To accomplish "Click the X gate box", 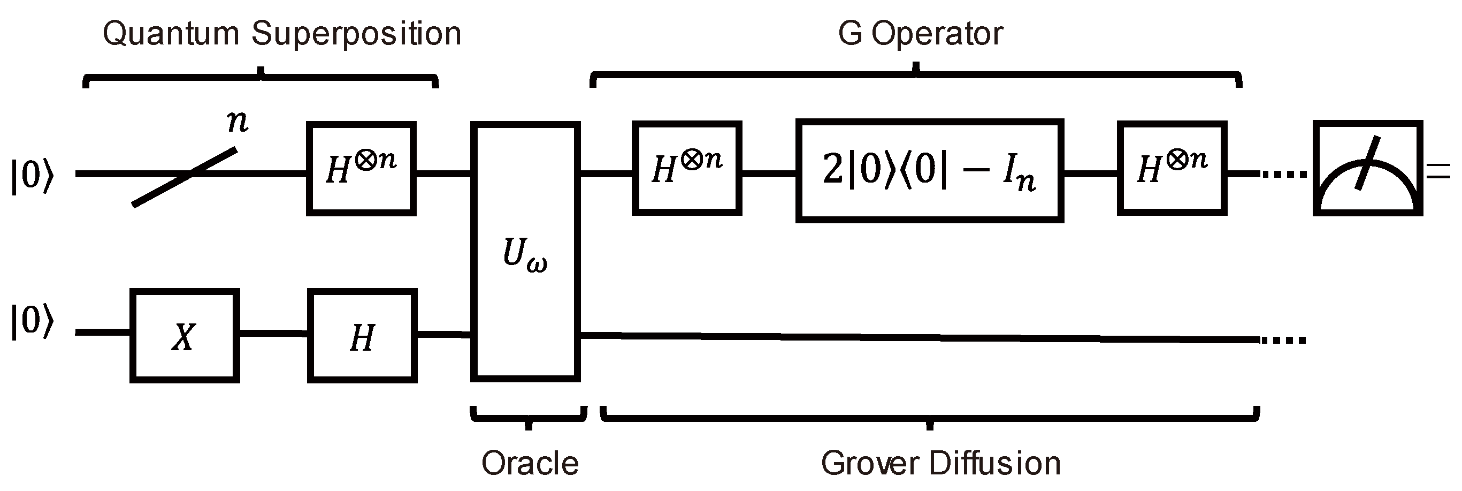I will (185, 336).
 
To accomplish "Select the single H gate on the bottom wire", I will (362, 336).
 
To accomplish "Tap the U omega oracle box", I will (525, 252).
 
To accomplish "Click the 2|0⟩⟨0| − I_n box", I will (929, 170).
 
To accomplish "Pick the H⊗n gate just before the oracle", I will (362, 169).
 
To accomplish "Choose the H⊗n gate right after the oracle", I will (687, 169).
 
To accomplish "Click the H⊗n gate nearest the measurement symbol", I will (1172, 169).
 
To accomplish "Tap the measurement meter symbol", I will (1367, 169).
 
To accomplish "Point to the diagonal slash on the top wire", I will (185, 177).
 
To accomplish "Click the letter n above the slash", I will (237, 121).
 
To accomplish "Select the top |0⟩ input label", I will (32, 176).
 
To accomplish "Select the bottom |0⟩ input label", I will (32, 322).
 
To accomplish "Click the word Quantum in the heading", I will (171, 34).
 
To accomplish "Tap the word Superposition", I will (356, 34).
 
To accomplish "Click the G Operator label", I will (920, 34).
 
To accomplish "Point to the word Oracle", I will (530, 463).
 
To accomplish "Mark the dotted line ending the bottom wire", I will (1284, 341).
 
